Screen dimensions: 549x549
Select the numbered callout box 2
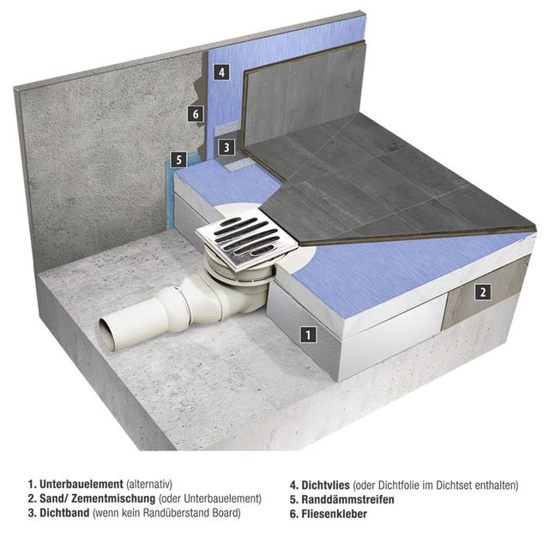coord(483,293)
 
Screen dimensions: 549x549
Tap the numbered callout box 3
coord(226,148)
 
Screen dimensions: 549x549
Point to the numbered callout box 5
coord(177,159)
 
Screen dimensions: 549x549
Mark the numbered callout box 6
coord(196,113)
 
